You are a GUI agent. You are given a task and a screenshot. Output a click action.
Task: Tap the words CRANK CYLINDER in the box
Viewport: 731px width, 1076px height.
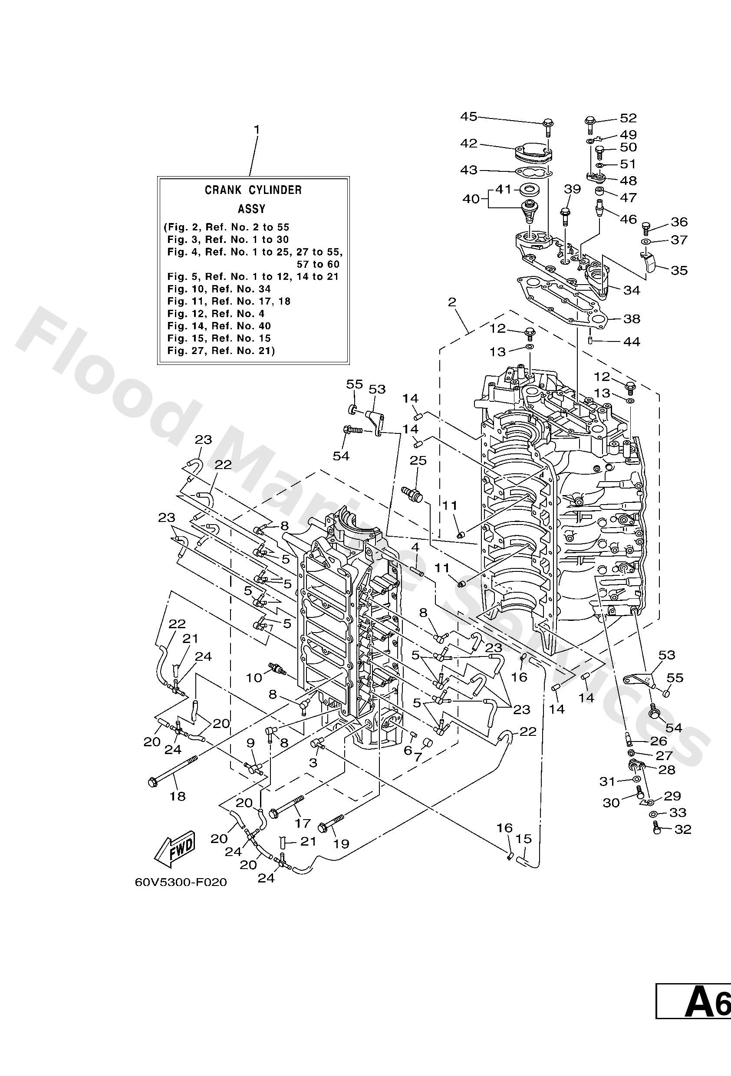253,190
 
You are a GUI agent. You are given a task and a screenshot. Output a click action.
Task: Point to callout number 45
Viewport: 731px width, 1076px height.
468,117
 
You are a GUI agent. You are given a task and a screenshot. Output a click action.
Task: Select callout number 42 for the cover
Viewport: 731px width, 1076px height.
468,144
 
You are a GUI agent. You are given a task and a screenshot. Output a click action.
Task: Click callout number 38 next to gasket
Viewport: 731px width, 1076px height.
632,318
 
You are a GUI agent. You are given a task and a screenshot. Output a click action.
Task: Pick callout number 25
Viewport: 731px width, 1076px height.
418,461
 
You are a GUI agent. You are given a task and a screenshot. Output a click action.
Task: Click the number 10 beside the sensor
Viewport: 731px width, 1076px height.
254,678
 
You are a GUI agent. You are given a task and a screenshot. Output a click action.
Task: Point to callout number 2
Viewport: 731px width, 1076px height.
451,302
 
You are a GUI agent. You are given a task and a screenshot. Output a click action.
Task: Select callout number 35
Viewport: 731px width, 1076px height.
678,270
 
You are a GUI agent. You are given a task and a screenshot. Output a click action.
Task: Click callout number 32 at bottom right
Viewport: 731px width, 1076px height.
682,829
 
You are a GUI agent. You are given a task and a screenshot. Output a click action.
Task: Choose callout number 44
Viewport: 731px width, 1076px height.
632,342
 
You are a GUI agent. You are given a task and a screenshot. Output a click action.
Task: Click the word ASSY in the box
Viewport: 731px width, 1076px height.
251,209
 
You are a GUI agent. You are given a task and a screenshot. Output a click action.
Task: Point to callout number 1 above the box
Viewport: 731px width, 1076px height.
256,129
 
